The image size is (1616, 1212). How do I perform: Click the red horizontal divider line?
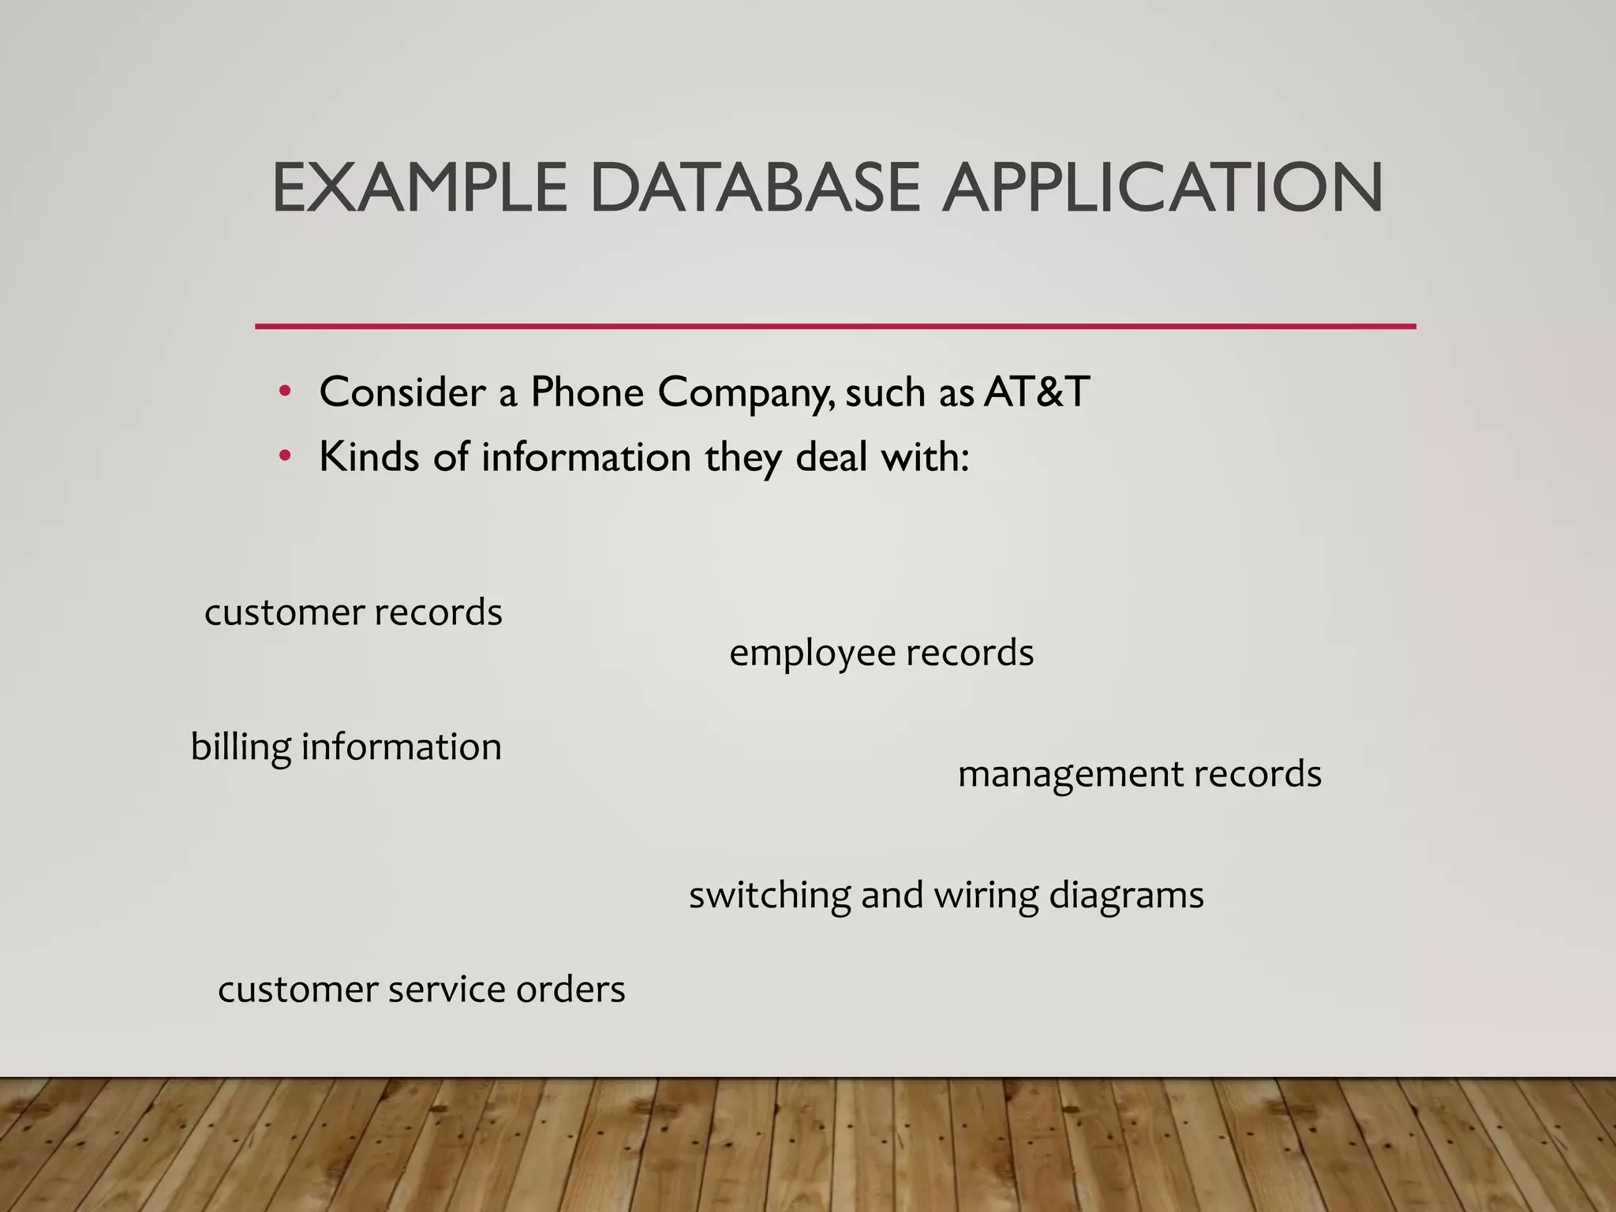pyautogui.click(x=835, y=326)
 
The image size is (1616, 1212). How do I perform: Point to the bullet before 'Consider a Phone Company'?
pyautogui.click(x=285, y=391)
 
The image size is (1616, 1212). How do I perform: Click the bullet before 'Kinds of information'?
pyautogui.click(x=285, y=456)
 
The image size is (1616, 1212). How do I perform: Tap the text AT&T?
pyautogui.click(x=1037, y=391)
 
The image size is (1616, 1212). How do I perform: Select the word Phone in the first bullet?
pyautogui.click(x=587, y=391)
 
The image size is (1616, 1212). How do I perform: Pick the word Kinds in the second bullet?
pyautogui.click(x=368, y=456)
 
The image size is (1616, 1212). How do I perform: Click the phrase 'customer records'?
pyautogui.click(x=353, y=612)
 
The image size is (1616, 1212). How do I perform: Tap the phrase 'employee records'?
pyautogui.click(x=881, y=653)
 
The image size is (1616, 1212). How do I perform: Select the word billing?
pyautogui.click(x=241, y=747)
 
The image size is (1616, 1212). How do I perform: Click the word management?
pyautogui.click(x=1069, y=774)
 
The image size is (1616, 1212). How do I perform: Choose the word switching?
pyautogui.click(x=769, y=896)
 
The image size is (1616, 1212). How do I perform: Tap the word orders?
pyautogui.click(x=570, y=989)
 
